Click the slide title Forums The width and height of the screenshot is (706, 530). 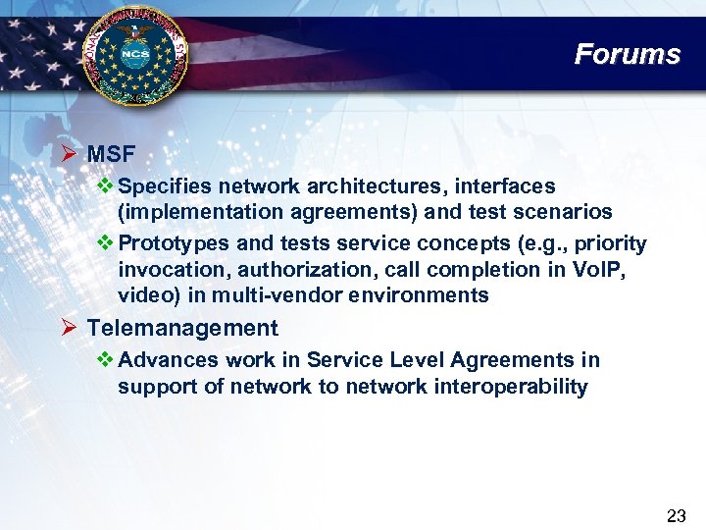627,53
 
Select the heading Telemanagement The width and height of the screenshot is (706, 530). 182,328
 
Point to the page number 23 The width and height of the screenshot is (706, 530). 676,515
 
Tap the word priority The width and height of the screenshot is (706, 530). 611,243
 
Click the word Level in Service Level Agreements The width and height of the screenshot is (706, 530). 389,360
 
